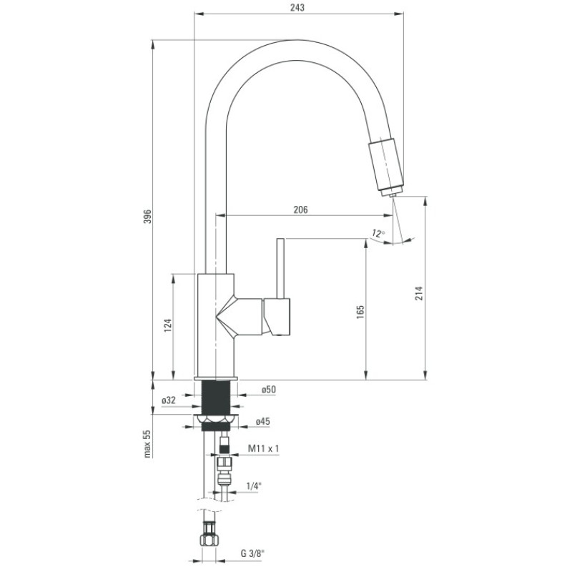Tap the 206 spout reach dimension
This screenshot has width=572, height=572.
300,209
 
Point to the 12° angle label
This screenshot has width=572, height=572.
378,232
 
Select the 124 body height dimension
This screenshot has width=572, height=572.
167,326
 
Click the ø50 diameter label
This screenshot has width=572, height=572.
268,390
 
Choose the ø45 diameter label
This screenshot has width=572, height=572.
262,422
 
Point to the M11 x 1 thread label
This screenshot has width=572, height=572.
262,448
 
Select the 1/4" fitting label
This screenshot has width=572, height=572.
254,486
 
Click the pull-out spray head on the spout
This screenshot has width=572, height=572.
385,165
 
